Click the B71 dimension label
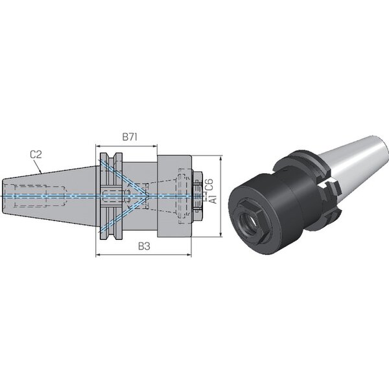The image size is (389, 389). coord(130,137)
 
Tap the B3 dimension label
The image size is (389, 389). coord(144,246)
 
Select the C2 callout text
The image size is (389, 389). coord(36,154)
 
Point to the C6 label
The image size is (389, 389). coord(209,184)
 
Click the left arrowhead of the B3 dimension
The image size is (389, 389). coord(97,254)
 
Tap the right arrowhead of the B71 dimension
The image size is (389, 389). coord(156,146)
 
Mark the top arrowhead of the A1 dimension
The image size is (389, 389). coord(221,158)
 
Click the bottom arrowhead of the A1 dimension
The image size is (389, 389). coord(221,235)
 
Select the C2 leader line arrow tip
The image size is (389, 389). coord(41,172)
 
